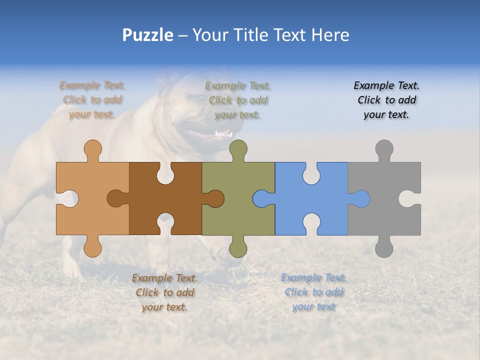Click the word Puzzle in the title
click(x=148, y=35)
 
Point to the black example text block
click(x=386, y=100)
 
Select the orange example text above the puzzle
click(x=92, y=100)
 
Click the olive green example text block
click(x=238, y=100)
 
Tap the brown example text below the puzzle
click(x=164, y=292)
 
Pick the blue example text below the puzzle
click(x=313, y=292)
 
